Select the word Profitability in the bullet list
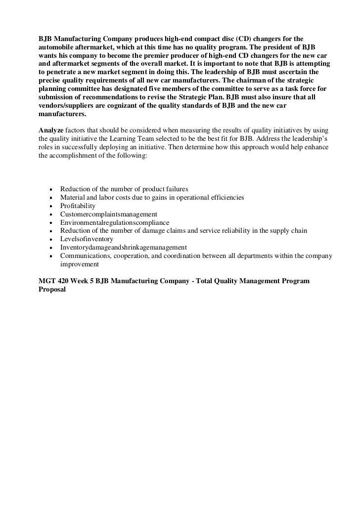click(78, 206)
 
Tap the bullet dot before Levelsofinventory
click(51, 239)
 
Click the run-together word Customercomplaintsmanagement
click(108, 214)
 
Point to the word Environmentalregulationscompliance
click(114, 222)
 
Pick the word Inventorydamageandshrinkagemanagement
click(123, 248)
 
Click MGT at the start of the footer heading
click(47, 281)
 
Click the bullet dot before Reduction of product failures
click(51, 189)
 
